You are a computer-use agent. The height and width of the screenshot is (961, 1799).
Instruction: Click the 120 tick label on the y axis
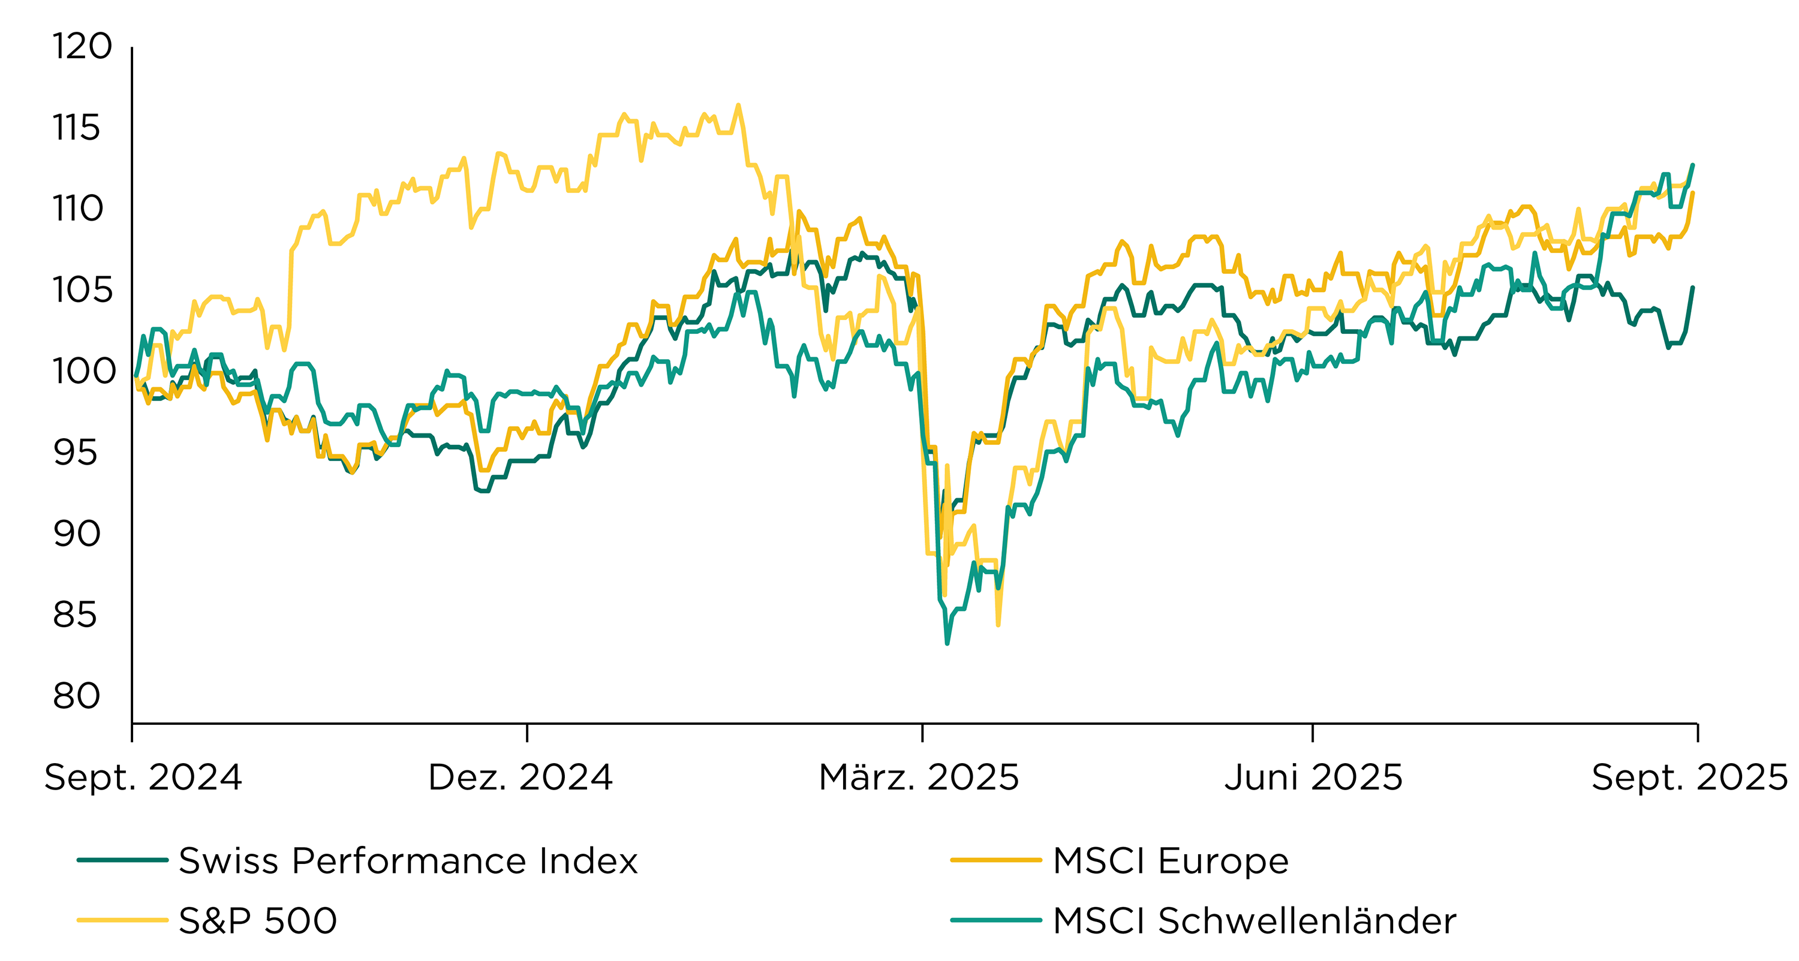(x=82, y=47)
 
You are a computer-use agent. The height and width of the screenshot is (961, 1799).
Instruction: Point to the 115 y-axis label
(x=76, y=128)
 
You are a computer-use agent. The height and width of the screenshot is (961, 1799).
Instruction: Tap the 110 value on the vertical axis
(x=77, y=209)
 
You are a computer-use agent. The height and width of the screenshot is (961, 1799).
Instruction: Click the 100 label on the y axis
(x=84, y=372)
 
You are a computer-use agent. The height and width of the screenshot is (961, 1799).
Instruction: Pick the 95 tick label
(x=76, y=453)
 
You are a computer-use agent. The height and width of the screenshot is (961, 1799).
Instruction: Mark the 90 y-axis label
(x=77, y=534)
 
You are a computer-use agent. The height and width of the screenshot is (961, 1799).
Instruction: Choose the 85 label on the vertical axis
(x=76, y=615)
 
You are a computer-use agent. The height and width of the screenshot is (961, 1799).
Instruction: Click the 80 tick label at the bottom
(x=77, y=696)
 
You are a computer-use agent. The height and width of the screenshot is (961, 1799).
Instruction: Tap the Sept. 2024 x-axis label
(x=143, y=778)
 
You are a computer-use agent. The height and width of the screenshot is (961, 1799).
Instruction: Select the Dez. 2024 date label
(x=521, y=778)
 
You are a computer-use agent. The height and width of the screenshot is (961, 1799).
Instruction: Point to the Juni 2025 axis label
(x=1313, y=778)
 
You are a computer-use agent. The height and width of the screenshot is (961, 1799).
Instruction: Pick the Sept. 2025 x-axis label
(x=1689, y=778)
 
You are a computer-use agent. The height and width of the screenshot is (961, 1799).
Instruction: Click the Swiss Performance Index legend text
(x=408, y=860)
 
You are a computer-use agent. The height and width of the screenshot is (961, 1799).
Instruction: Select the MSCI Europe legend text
(x=1171, y=860)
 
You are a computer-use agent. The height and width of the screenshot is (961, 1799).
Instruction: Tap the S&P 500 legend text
(x=258, y=920)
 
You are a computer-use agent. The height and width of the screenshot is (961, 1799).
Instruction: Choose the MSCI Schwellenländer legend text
(x=1255, y=920)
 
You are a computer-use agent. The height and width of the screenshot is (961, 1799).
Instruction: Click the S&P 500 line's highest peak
(x=738, y=106)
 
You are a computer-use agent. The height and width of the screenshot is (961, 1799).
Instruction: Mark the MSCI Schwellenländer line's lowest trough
(x=947, y=643)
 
